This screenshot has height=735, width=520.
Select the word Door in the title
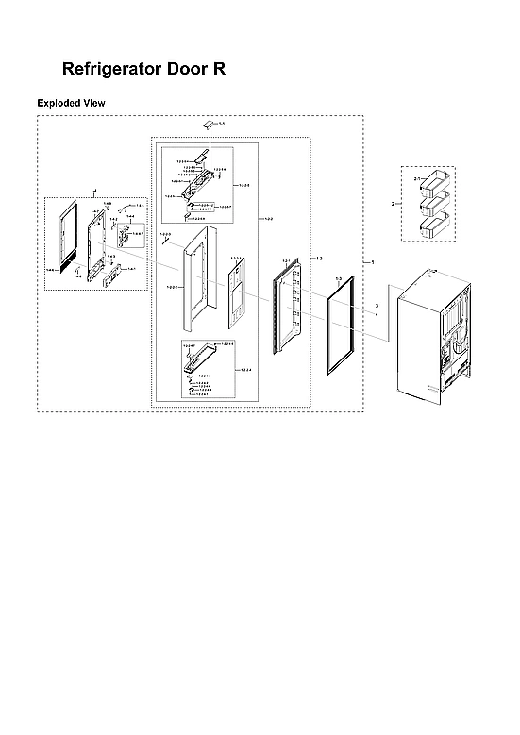(194, 70)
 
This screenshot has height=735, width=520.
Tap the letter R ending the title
(219, 70)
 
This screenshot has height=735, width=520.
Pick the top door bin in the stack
(437, 180)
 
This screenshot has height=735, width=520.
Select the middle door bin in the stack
(437, 202)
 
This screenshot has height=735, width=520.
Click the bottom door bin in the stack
(437, 225)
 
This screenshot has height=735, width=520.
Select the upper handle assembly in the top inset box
(199, 179)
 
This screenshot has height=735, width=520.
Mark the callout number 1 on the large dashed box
(372, 259)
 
